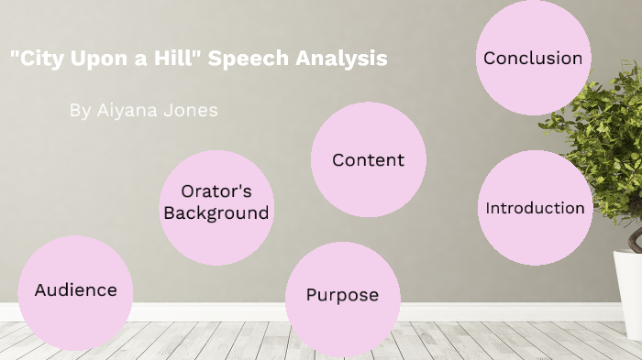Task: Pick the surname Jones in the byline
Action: point(192,110)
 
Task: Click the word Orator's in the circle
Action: point(216,191)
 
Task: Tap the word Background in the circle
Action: point(216,213)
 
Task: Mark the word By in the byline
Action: point(80,110)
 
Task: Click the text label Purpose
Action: point(342,295)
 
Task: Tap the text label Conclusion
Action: point(533,59)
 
